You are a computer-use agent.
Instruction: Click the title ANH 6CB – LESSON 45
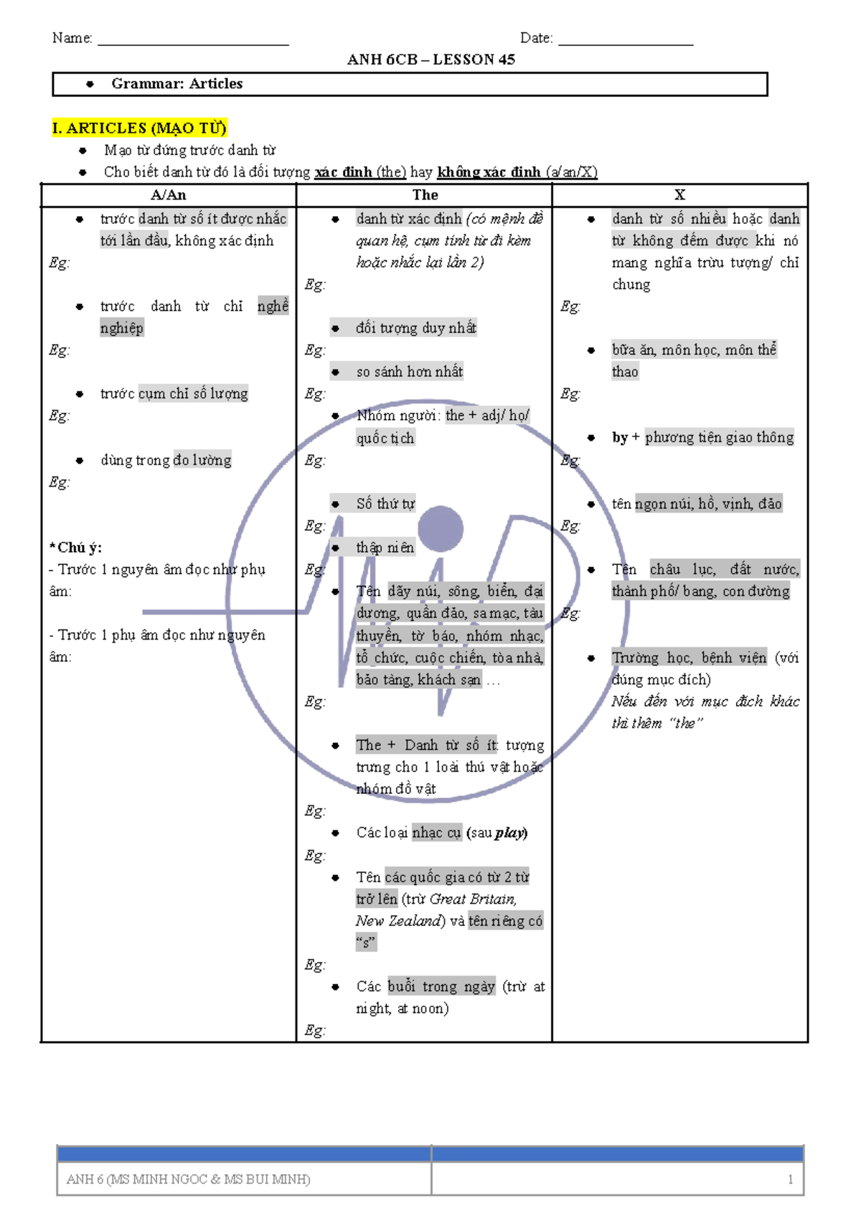(x=430, y=59)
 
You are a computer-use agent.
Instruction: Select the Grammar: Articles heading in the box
(x=177, y=83)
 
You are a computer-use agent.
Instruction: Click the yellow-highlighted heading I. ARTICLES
(x=139, y=128)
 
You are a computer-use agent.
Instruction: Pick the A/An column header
(x=168, y=195)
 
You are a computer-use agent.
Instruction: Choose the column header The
(x=425, y=195)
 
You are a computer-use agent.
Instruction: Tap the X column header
(x=679, y=195)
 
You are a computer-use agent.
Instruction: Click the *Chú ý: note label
(x=75, y=547)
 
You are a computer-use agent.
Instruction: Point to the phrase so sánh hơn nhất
(x=410, y=372)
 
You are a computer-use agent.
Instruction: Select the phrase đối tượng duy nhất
(x=416, y=328)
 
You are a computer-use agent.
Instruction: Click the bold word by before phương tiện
(x=620, y=438)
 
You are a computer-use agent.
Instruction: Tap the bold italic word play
(x=509, y=833)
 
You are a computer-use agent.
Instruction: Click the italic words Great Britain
(x=472, y=899)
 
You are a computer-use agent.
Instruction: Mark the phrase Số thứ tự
(x=386, y=504)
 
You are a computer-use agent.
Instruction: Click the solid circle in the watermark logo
(x=441, y=529)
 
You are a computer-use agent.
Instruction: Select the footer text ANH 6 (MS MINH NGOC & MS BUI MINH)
(x=188, y=1179)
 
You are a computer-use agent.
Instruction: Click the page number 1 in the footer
(x=790, y=1179)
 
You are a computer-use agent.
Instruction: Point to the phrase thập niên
(x=385, y=547)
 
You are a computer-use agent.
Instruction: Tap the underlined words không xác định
(x=489, y=172)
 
